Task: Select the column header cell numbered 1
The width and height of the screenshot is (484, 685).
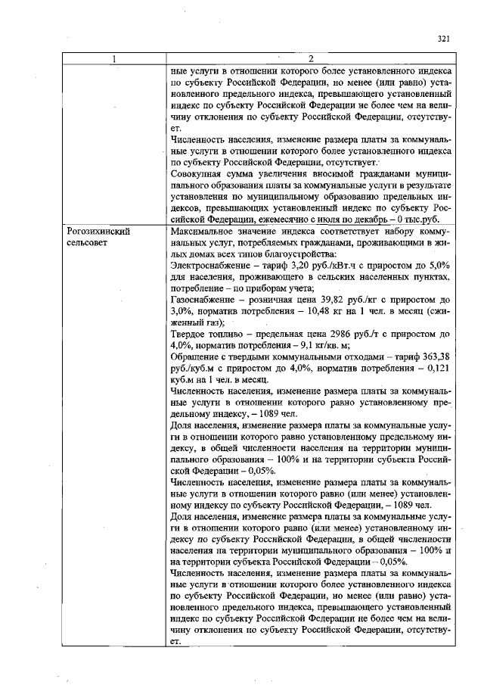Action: pyautogui.click(x=114, y=59)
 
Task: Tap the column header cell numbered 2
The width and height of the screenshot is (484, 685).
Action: pyautogui.click(x=312, y=59)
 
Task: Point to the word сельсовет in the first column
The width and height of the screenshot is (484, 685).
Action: pyautogui.click(x=86, y=241)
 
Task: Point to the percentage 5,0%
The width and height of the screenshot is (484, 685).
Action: pyautogui.click(x=440, y=266)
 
